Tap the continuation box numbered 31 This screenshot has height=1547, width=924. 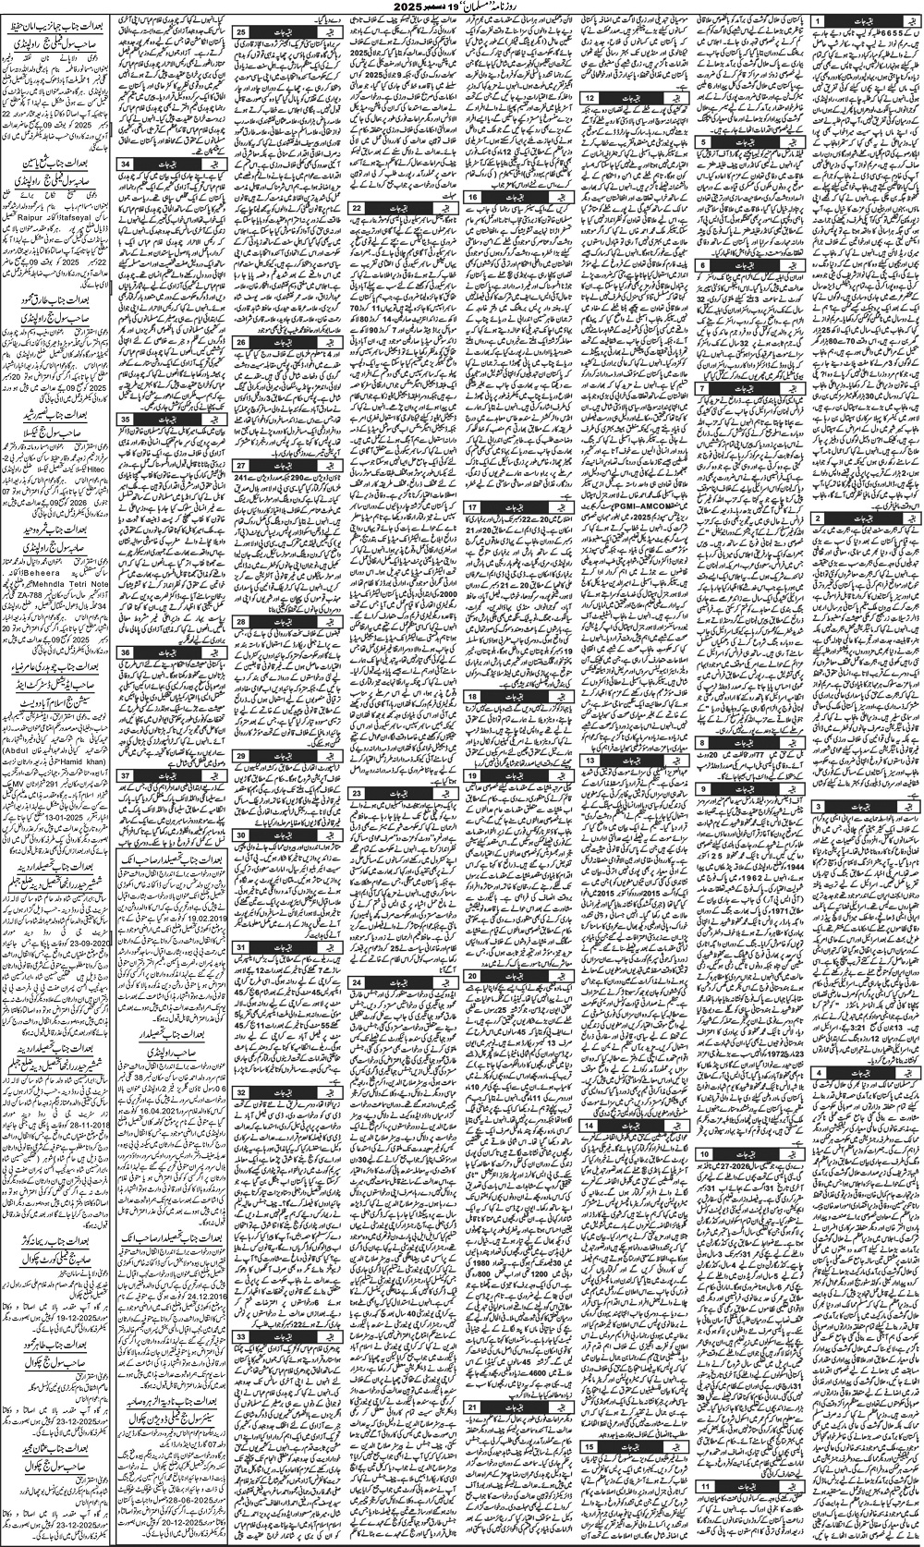tap(239, 947)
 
